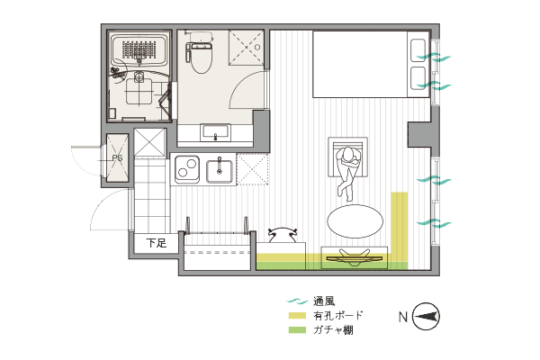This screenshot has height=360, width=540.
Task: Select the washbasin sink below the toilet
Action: click(216, 132)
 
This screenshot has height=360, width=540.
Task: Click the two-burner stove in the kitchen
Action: click(187, 169)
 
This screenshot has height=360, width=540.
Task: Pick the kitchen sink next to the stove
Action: click(220, 169)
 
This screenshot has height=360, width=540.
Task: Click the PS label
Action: click(117, 158)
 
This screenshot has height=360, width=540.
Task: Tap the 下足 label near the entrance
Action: click(157, 243)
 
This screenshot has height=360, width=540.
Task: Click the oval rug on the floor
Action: click(355, 222)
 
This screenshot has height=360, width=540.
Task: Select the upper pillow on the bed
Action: click(418, 50)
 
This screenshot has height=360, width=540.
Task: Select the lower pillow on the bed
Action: click(418, 78)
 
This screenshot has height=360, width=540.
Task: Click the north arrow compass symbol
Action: click(426, 316)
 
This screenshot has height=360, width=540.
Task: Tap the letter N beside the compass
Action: click(403, 317)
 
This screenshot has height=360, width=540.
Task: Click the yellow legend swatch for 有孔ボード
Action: click(297, 315)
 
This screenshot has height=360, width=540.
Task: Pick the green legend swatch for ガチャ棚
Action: click(297, 330)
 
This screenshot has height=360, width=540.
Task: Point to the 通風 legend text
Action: click(324, 301)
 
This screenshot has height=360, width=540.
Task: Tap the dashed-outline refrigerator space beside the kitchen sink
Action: click(252, 169)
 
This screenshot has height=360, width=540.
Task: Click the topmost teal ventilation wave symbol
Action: click(434, 57)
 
